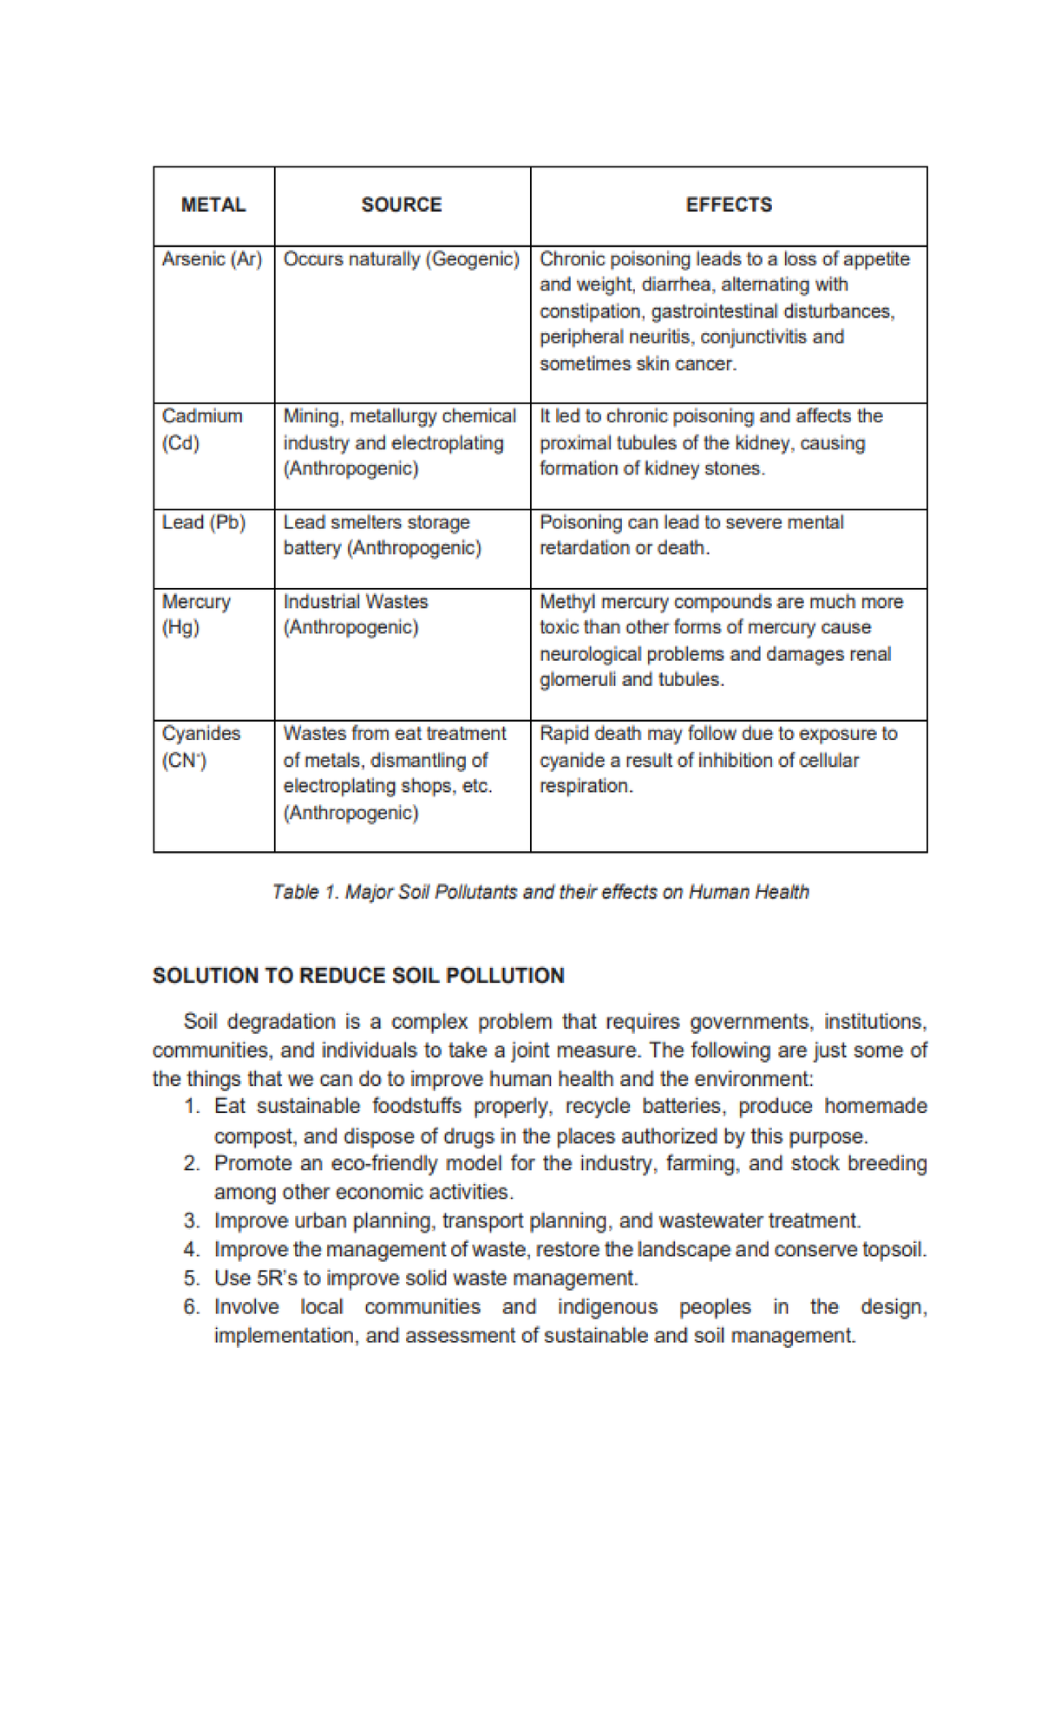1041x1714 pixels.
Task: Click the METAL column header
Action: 213,205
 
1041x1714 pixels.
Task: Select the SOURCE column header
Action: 401,205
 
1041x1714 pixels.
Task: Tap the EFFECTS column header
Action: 729,205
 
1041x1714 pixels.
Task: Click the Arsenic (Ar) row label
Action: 212,258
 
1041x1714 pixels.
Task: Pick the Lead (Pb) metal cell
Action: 204,522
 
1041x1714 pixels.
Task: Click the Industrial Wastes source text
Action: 356,601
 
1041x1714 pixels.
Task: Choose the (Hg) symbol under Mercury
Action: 180,627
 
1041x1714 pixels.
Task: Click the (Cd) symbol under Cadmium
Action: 180,442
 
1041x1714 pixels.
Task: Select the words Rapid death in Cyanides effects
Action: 590,733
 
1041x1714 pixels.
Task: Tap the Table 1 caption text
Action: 540,892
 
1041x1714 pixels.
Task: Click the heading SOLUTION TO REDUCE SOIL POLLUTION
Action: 358,975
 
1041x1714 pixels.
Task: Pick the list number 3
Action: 192,1220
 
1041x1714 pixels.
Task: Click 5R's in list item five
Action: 278,1278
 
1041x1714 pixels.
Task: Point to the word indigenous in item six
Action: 607,1306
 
